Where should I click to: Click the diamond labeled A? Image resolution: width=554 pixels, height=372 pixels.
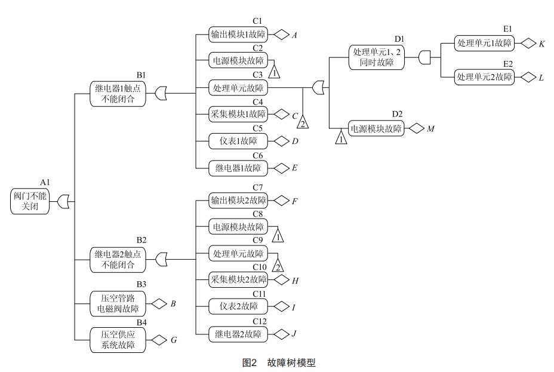coord(282,35)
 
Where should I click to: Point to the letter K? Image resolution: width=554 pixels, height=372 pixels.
coord(541,44)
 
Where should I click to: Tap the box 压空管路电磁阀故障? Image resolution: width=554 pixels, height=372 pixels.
coord(118,303)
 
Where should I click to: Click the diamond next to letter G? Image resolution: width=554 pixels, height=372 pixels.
coord(158,340)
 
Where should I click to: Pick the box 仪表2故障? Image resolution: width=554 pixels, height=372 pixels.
coord(238,306)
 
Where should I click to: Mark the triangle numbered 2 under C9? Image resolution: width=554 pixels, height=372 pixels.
coord(278,265)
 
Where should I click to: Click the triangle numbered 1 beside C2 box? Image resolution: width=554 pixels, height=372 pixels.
coord(274,71)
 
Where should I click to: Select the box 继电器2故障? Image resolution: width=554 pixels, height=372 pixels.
coord(238,334)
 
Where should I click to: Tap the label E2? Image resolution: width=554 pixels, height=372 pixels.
coord(508,64)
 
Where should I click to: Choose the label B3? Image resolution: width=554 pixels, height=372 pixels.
coord(141,284)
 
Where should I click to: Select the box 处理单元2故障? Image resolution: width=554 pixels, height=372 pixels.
coord(484,77)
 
